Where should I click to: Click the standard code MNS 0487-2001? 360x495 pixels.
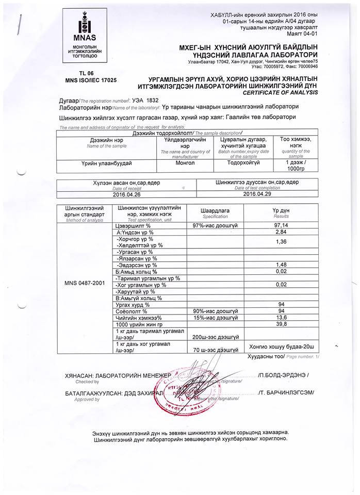point(85,283)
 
